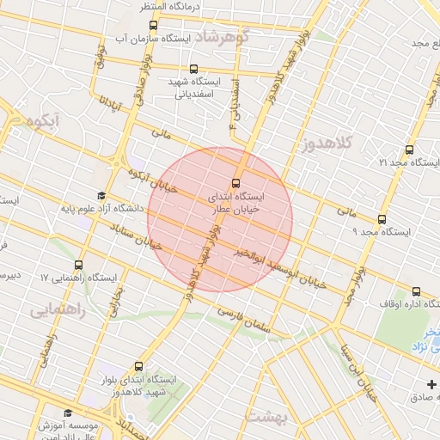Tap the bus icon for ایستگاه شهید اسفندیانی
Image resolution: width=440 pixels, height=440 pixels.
(192, 69)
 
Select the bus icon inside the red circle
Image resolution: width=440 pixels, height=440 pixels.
(236, 183)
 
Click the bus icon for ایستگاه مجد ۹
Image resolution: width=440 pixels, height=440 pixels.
(382, 219)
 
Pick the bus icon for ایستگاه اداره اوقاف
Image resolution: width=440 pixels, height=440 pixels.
(417, 291)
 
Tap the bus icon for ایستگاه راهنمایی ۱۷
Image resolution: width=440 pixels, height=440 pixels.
(80, 265)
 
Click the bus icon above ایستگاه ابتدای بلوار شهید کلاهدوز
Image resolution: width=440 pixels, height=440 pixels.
(141, 365)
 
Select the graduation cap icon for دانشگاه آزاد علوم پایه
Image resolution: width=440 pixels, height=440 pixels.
(101, 195)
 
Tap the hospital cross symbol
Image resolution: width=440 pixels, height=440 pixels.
(431, 382)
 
